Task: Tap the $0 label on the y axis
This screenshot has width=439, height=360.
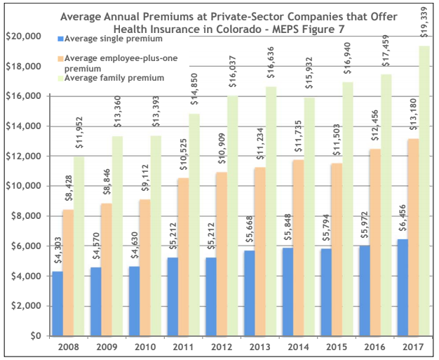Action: [35, 335]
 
